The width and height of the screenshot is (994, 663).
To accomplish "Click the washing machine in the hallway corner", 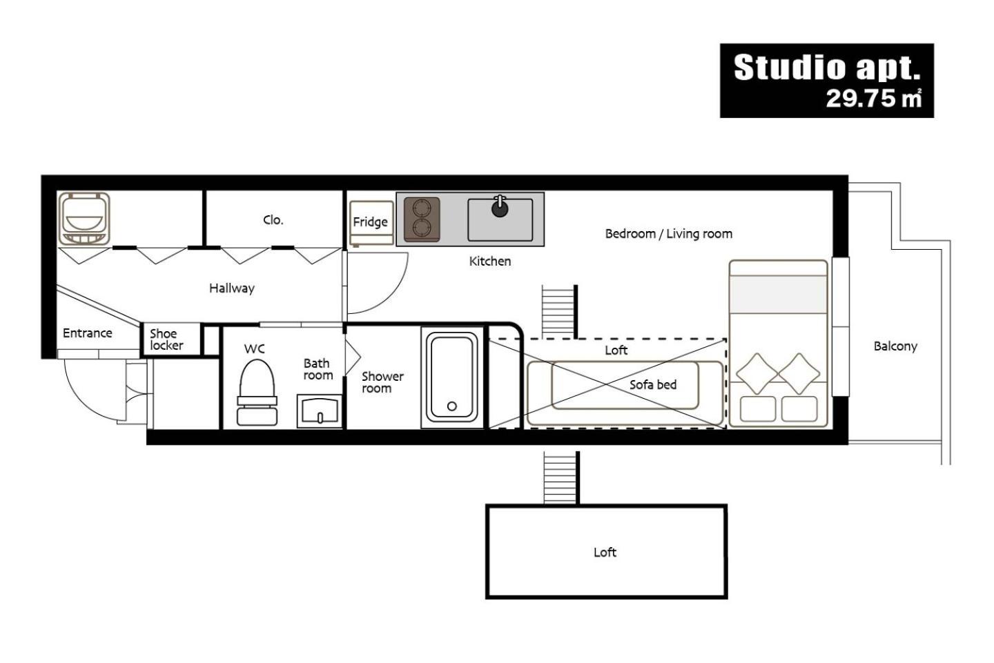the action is coord(84,219).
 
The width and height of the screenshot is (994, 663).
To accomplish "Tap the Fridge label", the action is coord(370,221).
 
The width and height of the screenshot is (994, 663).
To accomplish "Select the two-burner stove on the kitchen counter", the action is coord(422,219).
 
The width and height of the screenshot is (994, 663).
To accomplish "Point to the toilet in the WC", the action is coord(257,393).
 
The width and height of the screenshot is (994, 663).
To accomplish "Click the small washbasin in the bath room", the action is coord(320,411).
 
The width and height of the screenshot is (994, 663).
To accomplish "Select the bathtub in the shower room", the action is coord(451,377).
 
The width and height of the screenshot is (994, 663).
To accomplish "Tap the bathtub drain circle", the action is coord(451,406).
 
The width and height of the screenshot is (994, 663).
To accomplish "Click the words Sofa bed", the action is coord(653,384).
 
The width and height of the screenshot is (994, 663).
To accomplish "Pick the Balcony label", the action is coord(895,346).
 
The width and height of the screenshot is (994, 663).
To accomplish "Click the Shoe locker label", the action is coord(166,339).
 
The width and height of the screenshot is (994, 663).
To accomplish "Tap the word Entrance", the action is coord(88,333).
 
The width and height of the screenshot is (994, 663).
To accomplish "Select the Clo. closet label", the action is coord(273,220).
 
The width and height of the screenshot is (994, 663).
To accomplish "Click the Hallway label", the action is coord(232,288).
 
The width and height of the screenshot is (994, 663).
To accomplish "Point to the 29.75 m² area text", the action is coord(874,98).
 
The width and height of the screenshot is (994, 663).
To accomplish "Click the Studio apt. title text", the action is coord(827,68).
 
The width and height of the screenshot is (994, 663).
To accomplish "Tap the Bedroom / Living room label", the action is coord(669,234).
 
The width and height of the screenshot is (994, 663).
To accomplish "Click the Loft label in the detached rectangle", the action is coord(605,552).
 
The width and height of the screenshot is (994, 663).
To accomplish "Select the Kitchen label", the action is coord(490,261).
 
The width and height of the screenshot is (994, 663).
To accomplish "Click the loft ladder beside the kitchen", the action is coord(559,311).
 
